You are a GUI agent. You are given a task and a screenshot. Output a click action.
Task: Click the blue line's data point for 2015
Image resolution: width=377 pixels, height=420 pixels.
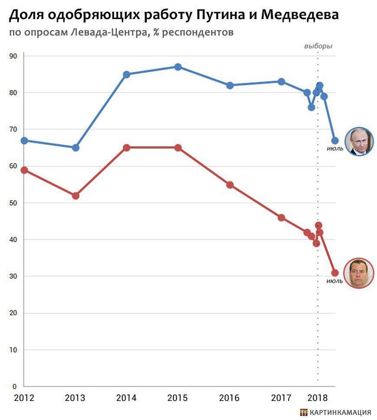click(178, 67)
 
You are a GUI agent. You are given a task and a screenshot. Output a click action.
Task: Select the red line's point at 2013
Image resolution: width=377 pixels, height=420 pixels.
click(76, 196)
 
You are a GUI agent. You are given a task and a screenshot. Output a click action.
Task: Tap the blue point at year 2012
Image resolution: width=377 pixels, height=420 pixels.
click(24, 140)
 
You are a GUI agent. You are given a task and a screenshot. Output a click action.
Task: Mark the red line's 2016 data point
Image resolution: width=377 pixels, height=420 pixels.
click(230, 185)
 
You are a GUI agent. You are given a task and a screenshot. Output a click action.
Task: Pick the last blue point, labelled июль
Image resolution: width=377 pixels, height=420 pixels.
click(335, 141)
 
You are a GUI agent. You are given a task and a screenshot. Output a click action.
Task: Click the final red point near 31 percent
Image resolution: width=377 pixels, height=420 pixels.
click(335, 273)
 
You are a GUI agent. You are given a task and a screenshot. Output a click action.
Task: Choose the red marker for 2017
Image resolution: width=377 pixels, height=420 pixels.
click(281, 217)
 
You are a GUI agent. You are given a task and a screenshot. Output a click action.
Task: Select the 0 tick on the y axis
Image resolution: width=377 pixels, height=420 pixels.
click(14, 387)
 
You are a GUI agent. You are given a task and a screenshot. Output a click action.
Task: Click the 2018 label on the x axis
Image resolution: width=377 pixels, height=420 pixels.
click(319, 398)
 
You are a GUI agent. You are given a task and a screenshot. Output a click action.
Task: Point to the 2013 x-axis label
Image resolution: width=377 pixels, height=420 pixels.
click(75, 398)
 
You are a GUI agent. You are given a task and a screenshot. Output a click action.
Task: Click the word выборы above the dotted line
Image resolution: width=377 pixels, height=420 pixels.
click(318, 46)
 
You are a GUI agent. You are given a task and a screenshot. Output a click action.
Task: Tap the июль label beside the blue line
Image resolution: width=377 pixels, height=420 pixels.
click(335, 149)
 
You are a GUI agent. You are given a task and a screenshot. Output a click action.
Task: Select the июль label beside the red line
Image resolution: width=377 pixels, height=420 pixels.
click(335, 281)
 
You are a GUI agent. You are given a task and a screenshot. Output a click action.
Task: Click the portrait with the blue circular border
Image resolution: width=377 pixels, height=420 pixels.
click(359, 141)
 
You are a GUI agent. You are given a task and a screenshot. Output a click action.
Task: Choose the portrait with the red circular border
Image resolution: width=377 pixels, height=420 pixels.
click(358, 273)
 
